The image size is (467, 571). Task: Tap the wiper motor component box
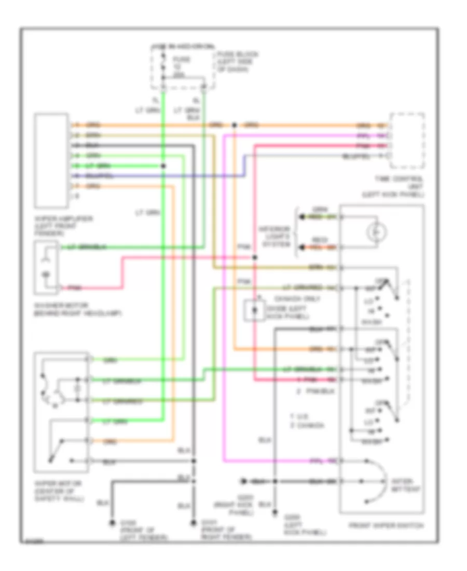[61, 410]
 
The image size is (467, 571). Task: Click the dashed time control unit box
[407, 141]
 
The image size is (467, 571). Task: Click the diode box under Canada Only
[255, 311]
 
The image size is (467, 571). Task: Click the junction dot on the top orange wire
[235, 125]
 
